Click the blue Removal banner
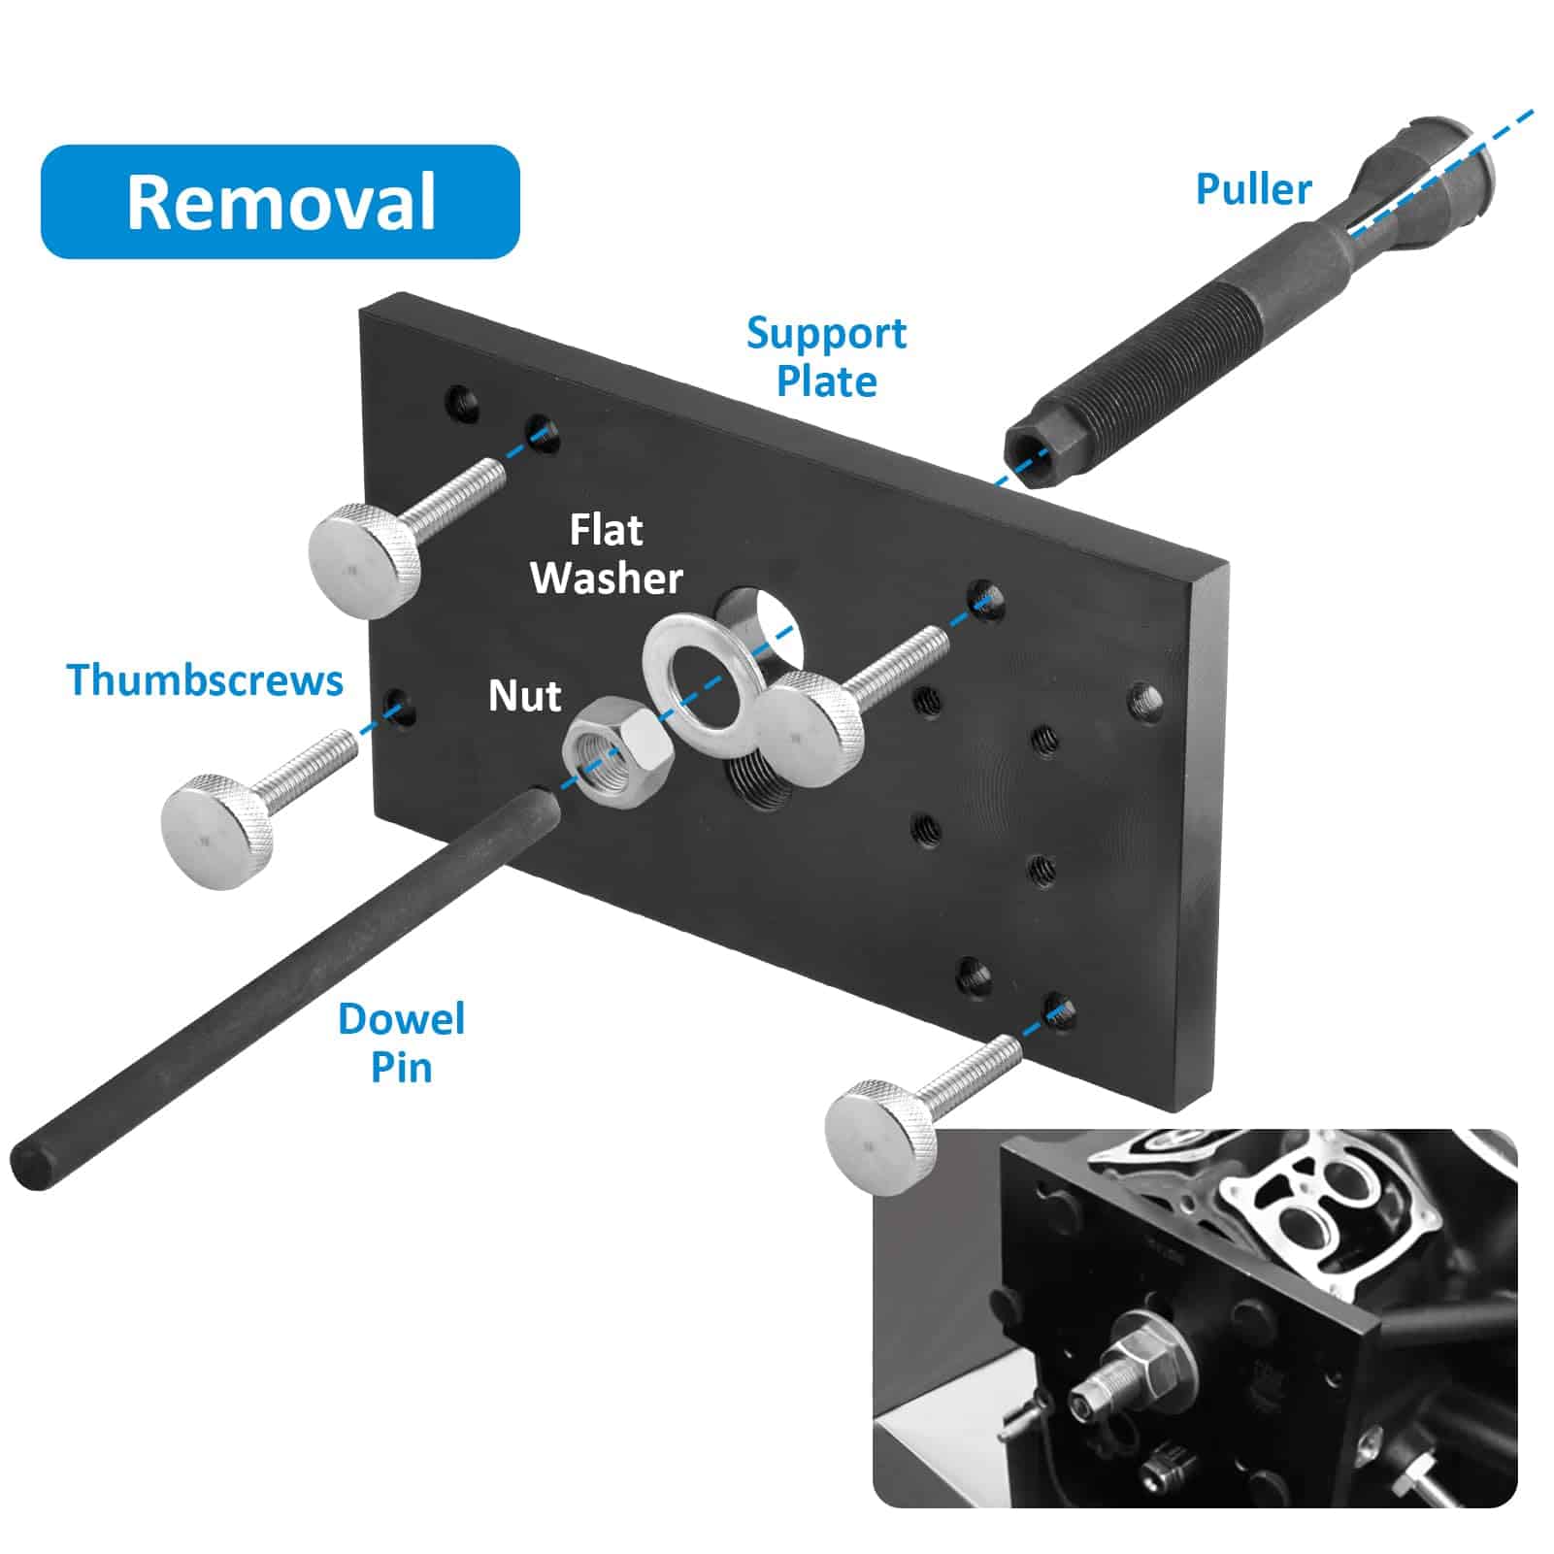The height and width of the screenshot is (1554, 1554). tap(280, 202)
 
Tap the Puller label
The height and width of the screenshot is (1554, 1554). tap(1253, 188)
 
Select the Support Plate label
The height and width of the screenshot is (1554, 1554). tap(826, 357)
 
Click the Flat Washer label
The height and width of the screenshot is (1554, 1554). tap(607, 554)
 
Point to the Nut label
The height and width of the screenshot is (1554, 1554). tap(524, 696)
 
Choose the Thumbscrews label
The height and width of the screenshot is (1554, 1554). tap(205, 679)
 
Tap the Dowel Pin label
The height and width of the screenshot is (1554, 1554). tap(401, 1043)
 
